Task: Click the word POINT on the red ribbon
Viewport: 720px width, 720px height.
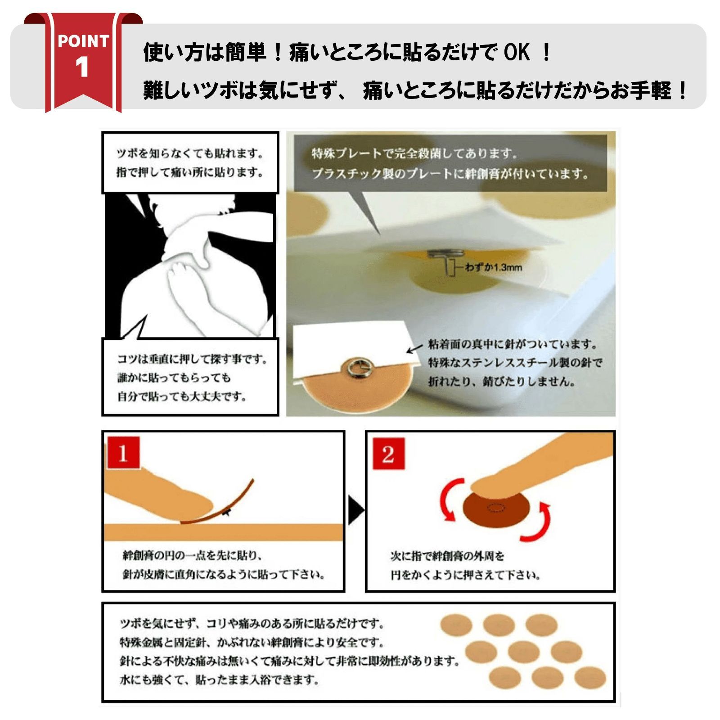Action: (83, 41)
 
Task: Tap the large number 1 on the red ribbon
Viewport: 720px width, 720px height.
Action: (82, 67)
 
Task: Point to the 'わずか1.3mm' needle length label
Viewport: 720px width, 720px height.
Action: (493, 268)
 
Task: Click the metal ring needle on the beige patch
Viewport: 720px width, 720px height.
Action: (355, 369)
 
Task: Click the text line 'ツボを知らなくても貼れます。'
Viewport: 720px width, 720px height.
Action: (190, 154)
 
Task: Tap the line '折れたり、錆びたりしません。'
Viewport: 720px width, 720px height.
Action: (501, 382)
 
